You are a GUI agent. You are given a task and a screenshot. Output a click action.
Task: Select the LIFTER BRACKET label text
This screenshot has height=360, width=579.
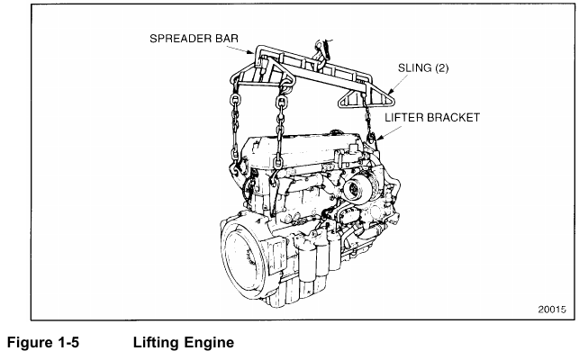click(x=433, y=117)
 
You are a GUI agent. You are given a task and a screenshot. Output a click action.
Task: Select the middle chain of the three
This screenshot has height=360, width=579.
click(x=280, y=126)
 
